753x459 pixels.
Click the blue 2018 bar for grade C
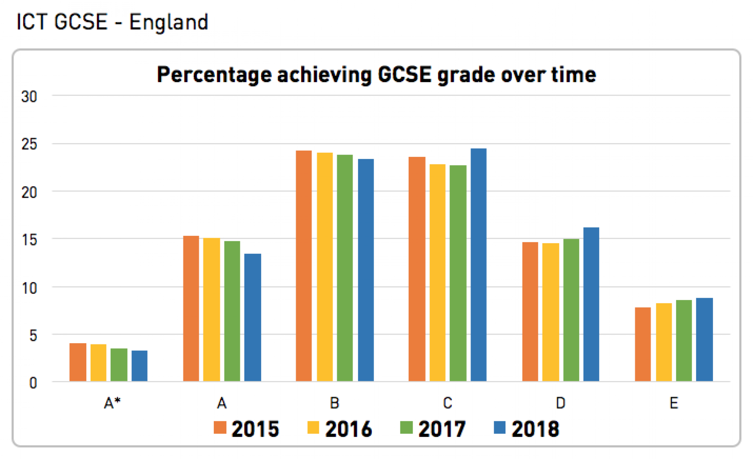click(478, 265)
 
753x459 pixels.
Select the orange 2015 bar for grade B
click(304, 266)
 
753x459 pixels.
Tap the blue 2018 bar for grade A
click(253, 317)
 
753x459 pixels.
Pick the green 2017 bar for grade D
click(571, 310)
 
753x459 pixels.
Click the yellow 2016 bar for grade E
click(664, 342)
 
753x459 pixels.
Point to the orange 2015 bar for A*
click(78, 362)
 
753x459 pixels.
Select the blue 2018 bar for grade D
click(591, 304)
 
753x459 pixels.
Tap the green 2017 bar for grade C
click(458, 273)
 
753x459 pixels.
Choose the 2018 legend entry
click(527, 429)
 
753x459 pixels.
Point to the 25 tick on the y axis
click(29, 144)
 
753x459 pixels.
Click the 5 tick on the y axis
click(33, 336)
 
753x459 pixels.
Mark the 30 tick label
click(29, 97)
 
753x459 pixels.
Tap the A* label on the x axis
click(112, 403)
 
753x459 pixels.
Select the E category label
click(673, 403)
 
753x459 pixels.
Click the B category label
click(334, 403)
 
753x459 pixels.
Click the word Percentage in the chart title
click(214, 75)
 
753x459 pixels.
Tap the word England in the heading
click(169, 22)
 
